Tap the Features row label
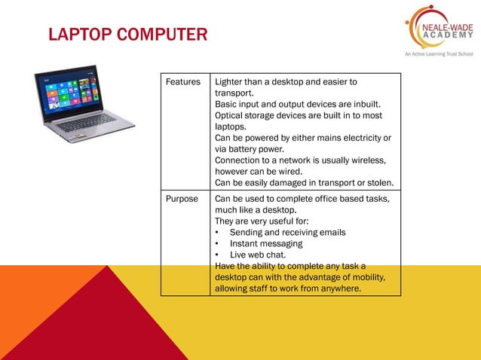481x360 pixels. coord(183,81)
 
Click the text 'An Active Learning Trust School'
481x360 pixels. coord(432,54)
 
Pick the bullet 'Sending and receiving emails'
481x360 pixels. coord(287,233)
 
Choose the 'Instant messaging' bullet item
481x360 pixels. coord(266,244)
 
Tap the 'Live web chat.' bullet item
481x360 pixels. coord(258,255)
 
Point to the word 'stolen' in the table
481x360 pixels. coord(379,183)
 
